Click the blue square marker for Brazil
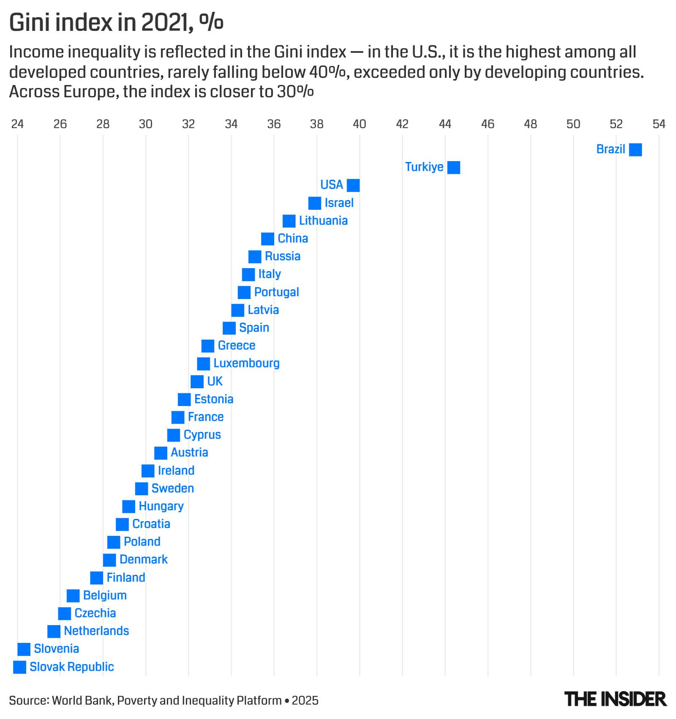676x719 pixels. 635,150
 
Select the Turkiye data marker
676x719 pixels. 453,167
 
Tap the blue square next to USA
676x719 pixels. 353,185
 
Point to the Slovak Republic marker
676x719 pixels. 19,667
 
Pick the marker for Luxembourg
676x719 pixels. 203,364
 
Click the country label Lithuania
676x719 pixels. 323,221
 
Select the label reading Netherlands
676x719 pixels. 96,631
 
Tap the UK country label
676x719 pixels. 215,381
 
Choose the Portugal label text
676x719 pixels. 276,292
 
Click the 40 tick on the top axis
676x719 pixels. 360,124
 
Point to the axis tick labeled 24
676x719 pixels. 17,124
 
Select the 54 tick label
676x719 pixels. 659,124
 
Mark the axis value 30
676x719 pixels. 146,124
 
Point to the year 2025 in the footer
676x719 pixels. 305,700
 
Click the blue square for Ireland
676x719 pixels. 148,471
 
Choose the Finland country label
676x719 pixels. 126,578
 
